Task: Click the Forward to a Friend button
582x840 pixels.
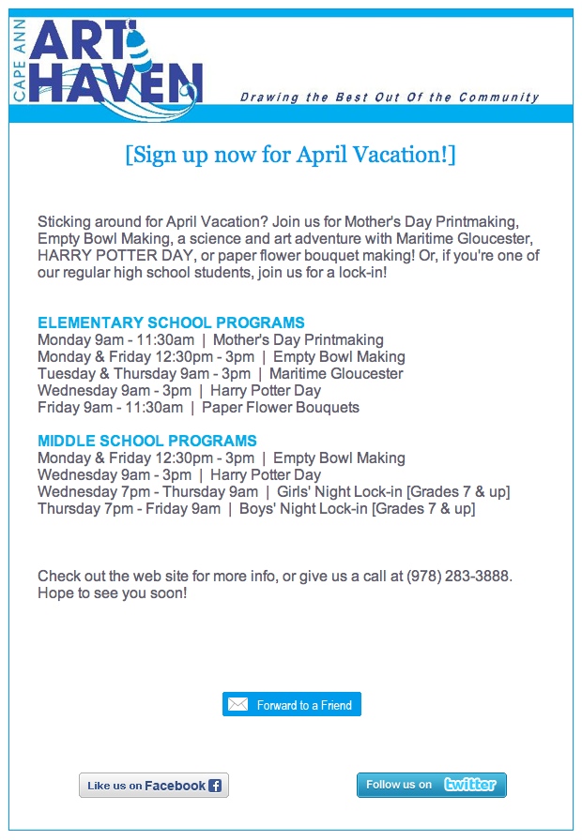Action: [292, 705]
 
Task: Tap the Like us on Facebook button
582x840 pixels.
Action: [154, 786]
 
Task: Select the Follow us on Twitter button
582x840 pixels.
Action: [432, 785]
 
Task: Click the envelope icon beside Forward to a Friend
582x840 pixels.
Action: [238, 705]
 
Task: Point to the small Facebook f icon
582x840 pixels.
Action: [215, 786]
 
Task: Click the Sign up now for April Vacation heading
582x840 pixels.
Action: [290, 155]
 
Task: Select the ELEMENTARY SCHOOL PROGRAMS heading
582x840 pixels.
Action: [171, 323]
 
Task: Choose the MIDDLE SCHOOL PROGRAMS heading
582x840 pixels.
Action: [147, 441]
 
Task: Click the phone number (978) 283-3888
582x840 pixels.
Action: [459, 576]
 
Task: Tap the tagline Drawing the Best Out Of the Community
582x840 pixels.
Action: [390, 97]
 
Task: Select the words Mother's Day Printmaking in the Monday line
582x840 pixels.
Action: [299, 340]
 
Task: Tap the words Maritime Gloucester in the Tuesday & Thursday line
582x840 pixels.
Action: [336, 374]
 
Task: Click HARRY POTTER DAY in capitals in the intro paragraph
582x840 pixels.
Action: [90, 256]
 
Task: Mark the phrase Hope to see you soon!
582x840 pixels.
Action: [113, 593]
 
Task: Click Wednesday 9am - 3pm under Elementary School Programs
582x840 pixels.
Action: [114, 391]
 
